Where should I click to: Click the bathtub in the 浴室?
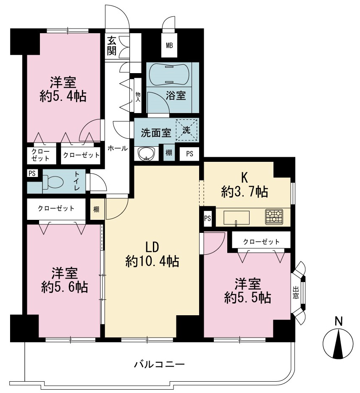pyautogui.click(x=169, y=75)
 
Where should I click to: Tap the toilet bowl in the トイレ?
pyautogui.click(x=53, y=181)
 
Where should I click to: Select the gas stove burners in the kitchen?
pyautogui.click(x=274, y=216)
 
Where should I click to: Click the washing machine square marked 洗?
pyautogui.click(x=187, y=130)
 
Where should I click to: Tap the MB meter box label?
pyautogui.click(x=170, y=46)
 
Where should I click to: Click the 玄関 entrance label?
pyautogui.click(x=112, y=46)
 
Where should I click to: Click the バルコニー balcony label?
pyautogui.click(x=159, y=364)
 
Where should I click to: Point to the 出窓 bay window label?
pyautogui.click(x=296, y=293)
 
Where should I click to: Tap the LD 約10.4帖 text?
pyautogui.click(x=152, y=255)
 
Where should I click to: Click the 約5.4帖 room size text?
pyautogui.click(x=63, y=96)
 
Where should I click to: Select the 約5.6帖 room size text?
pyautogui.click(x=65, y=287)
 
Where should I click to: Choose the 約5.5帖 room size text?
pyautogui.click(x=247, y=298)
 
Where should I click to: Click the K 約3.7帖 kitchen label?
pyautogui.click(x=244, y=185)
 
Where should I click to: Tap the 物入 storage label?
pyautogui.click(x=138, y=97)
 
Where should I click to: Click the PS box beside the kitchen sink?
pyautogui.click(x=208, y=218)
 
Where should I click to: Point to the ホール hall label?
pyautogui.click(x=118, y=148)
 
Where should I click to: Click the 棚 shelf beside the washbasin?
pyautogui.click(x=169, y=152)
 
